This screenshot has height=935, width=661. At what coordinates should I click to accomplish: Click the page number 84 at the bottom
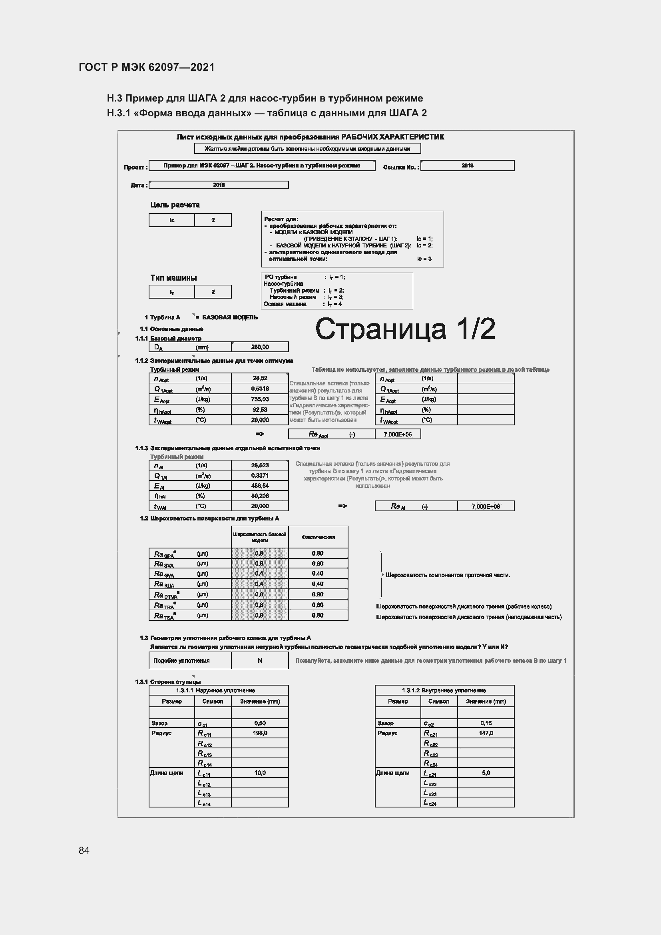(x=84, y=850)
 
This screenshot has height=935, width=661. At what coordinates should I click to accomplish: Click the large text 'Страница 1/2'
(x=405, y=329)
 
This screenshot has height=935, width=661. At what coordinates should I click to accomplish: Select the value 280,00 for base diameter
(x=260, y=347)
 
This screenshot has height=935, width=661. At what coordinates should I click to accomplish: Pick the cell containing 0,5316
(x=260, y=389)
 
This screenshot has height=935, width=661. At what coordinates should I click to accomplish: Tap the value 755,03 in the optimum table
(x=260, y=399)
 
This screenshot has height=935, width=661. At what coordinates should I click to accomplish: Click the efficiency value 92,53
(x=260, y=410)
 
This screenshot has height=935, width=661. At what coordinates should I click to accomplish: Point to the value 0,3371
(x=260, y=476)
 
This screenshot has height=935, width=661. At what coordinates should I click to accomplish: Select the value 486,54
(x=260, y=486)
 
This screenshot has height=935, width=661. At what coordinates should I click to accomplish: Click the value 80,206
(x=260, y=496)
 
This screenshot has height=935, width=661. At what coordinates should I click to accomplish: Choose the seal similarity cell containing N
(x=260, y=660)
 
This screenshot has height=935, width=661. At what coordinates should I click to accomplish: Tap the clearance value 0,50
(x=260, y=723)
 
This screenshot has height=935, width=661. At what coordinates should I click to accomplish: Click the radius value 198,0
(x=260, y=733)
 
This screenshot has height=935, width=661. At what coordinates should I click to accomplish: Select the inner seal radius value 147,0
(x=486, y=733)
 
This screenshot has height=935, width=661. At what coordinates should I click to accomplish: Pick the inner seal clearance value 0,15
(x=486, y=723)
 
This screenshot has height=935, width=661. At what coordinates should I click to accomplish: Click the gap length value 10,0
(x=260, y=773)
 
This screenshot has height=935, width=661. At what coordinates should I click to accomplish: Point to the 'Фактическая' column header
(x=318, y=537)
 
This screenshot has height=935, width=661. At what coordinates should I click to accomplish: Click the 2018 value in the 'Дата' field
(x=219, y=185)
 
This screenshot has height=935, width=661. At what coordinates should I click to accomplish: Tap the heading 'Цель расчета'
(x=175, y=205)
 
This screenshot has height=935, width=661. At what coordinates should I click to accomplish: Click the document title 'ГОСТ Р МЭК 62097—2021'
(x=147, y=67)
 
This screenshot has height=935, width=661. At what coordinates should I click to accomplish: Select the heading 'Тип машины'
(x=173, y=278)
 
